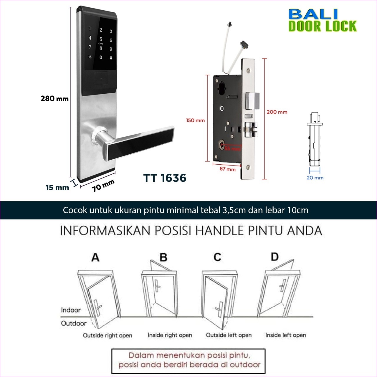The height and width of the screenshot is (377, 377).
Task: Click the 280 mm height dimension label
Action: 54,98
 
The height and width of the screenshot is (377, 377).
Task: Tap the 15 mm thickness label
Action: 57,188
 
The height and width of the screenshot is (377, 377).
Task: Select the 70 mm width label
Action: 103,186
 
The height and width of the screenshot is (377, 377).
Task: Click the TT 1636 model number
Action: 165,178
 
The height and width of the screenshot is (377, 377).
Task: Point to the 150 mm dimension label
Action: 195,120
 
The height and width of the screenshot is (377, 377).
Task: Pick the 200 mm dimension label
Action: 277,112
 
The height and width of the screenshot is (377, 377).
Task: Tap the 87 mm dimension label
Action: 228,169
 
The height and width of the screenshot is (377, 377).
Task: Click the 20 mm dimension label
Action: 315,178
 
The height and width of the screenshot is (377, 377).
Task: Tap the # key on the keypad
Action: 111,58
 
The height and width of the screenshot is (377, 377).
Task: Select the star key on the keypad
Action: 90,57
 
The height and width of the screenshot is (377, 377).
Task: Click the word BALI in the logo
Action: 313,14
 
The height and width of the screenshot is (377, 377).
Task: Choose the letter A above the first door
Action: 95,257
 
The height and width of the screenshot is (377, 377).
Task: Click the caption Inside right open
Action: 170,335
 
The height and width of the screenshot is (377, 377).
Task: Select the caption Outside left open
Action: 229,335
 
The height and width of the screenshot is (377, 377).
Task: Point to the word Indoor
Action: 71,310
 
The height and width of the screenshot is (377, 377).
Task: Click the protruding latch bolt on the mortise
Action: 252,101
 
